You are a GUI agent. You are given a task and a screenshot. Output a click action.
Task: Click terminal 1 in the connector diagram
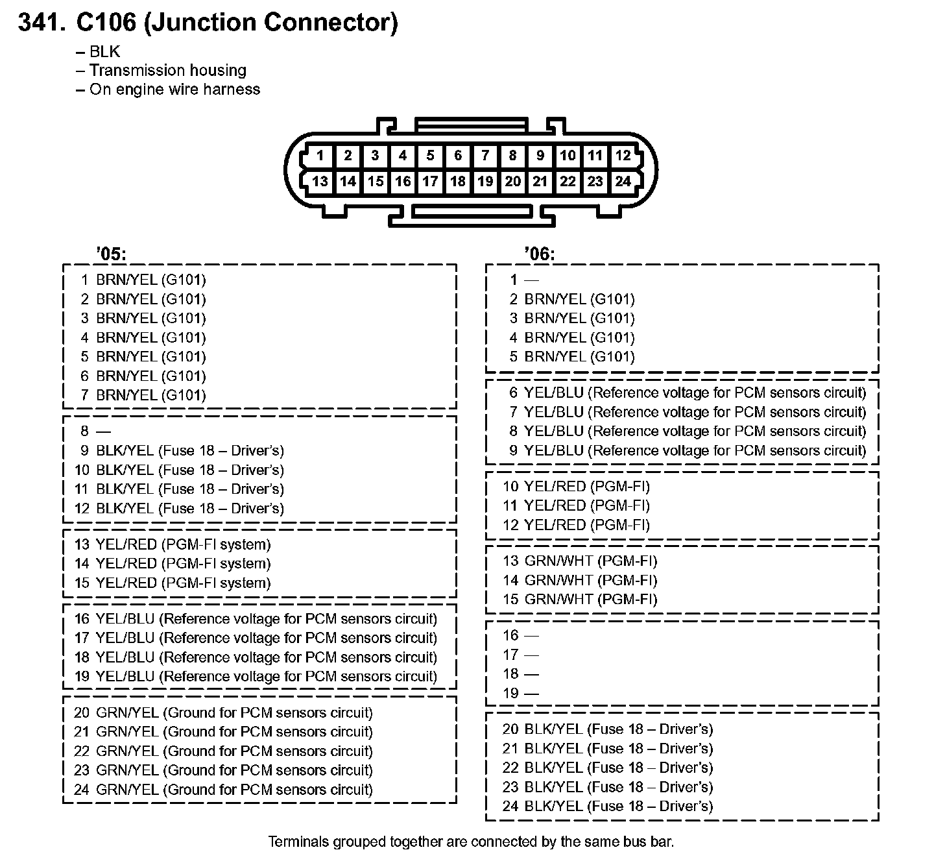point(320,156)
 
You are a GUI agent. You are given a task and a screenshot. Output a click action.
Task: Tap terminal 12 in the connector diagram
point(623,156)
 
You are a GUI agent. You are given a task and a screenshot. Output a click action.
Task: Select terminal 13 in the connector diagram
point(320,182)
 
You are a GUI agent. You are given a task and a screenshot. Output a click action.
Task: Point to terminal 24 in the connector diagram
point(623,182)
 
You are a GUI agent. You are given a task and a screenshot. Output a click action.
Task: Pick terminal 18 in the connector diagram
point(458,182)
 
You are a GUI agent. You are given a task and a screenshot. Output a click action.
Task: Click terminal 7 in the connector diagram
point(485,156)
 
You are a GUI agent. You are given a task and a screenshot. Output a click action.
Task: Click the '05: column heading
point(111,254)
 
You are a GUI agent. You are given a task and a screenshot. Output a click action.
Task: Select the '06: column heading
point(540,254)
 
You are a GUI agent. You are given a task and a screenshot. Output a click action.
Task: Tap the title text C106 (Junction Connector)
point(237,23)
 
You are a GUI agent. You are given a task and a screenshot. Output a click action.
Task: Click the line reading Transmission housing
point(167,70)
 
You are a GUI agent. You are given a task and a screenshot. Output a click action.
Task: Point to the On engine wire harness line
point(174,90)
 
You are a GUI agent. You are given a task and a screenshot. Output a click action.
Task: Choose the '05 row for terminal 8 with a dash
point(96,431)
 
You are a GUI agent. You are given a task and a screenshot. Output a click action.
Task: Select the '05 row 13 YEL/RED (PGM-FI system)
point(173,544)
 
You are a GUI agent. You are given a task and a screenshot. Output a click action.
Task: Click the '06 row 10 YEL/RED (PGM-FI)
point(576,486)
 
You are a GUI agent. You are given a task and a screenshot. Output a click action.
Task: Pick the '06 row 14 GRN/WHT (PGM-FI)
point(580,580)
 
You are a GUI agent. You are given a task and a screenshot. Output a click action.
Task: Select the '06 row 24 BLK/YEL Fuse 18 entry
point(608,806)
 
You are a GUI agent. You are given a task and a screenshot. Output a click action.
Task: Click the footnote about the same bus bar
point(471,842)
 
